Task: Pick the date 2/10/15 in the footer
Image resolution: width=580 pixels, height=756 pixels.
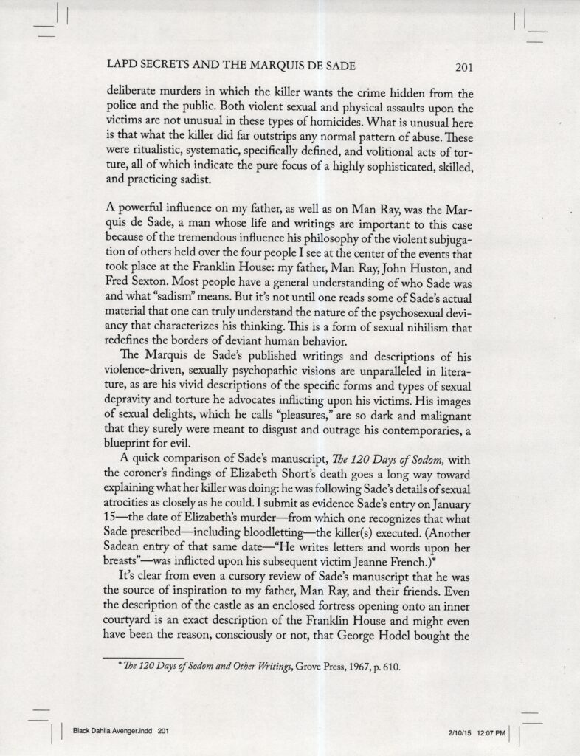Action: (x=459, y=733)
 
